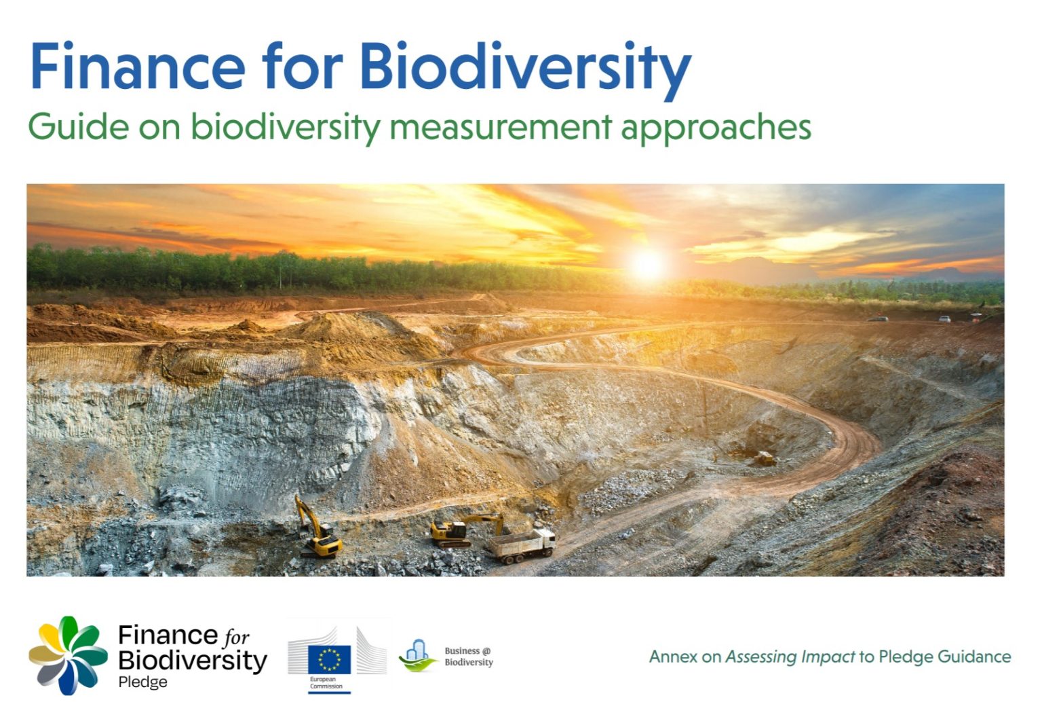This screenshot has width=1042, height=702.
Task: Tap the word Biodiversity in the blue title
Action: [524, 68]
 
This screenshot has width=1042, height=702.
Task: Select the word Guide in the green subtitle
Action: [78, 127]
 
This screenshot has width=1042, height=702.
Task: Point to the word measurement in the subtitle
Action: [501, 127]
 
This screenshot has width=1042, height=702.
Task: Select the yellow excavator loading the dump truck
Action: [461, 530]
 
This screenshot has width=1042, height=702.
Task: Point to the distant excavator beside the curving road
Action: [764, 459]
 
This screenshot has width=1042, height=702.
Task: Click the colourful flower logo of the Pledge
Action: [68, 654]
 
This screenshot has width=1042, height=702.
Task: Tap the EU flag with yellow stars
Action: [329, 659]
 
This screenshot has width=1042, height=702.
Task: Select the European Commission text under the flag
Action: [326, 683]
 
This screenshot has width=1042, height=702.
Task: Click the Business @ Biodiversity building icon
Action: [417, 655]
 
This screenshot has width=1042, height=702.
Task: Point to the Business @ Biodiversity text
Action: [469, 657]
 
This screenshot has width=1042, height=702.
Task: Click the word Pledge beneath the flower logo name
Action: [142, 682]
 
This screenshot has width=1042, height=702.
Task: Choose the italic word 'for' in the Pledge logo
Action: [236, 637]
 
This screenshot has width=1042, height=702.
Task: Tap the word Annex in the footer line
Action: [673, 657]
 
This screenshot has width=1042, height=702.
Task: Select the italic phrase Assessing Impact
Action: [790, 657]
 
